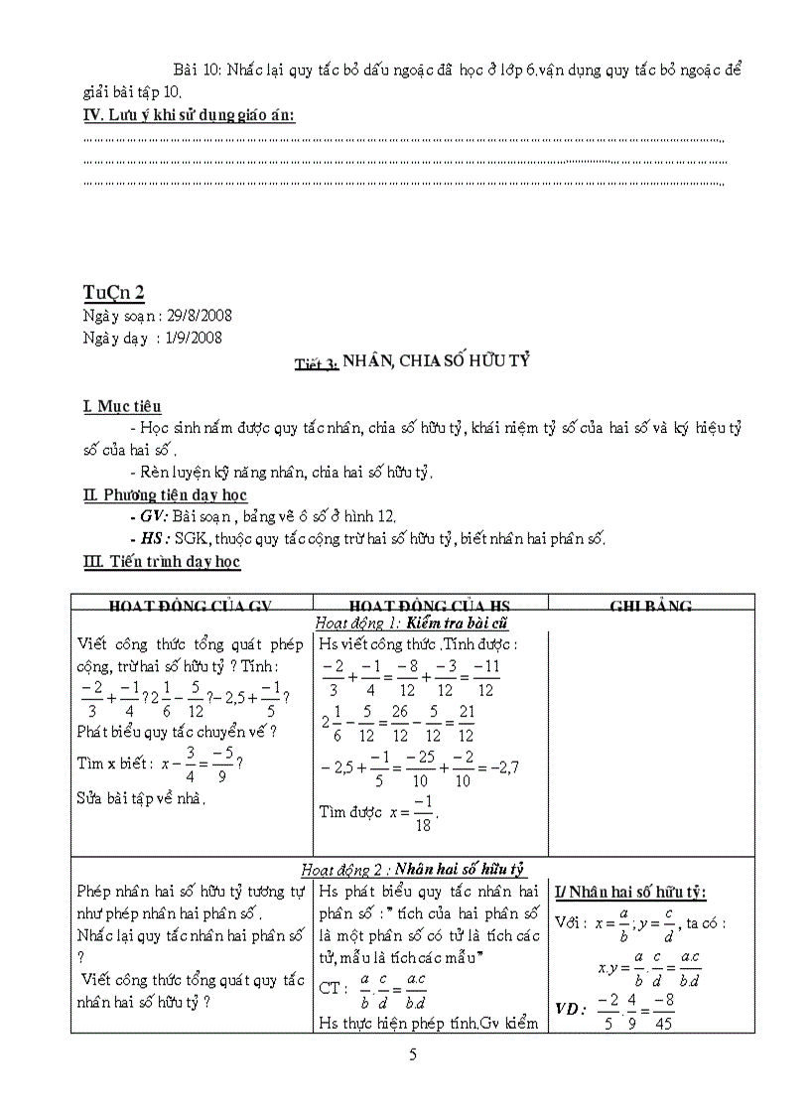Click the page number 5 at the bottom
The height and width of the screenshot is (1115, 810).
click(412, 1054)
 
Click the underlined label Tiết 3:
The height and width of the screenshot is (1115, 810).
click(317, 364)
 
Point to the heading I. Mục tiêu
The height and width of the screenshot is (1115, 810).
click(123, 406)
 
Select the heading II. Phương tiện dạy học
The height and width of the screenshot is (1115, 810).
click(166, 494)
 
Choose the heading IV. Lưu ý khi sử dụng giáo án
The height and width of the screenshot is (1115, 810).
click(190, 116)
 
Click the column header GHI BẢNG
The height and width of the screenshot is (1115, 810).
click(651, 606)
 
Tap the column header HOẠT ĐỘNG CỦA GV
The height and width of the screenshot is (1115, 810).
click(191, 606)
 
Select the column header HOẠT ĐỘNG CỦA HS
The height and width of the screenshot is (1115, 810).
click(429, 606)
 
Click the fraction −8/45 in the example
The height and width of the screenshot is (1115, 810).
click(664, 1009)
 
